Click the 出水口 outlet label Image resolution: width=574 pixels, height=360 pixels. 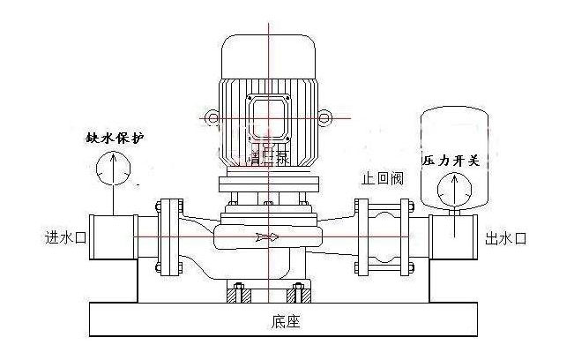506,238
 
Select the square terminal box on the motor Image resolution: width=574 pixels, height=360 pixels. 268,115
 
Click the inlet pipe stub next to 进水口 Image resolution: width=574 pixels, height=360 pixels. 112,236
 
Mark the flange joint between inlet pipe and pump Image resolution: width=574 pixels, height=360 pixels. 164,236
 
